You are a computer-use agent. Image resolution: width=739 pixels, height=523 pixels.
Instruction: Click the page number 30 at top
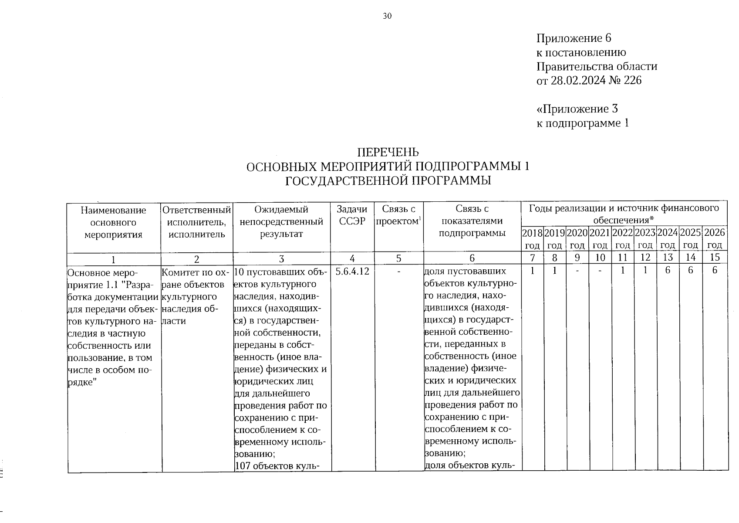(387, 17)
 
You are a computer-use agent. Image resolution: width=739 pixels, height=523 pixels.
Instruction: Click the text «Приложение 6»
(574, 38)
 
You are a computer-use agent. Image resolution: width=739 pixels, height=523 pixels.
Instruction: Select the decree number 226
(633, 81)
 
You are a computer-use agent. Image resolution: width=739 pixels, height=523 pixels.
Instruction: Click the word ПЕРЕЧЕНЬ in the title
(388, 152)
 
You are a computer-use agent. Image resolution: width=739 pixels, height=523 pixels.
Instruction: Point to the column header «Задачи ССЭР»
(352, 216)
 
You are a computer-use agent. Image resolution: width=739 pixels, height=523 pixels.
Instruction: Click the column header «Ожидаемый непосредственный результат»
(281, 222)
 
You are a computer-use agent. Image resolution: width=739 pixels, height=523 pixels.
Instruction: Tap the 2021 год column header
(601, 238)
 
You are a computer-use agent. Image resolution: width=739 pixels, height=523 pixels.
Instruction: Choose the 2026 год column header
(715, 238)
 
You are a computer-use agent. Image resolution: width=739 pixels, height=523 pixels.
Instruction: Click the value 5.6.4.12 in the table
(352, 271)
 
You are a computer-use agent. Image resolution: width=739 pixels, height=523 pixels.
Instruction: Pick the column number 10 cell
(601, 258)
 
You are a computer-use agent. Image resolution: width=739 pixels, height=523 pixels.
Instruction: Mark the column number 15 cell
(715, 258)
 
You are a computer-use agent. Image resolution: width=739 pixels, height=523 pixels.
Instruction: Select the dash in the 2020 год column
(577, 271)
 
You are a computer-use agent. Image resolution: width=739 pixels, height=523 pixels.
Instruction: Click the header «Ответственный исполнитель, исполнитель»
(196, 222)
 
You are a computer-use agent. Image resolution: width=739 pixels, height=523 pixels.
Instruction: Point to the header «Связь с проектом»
(398, 216)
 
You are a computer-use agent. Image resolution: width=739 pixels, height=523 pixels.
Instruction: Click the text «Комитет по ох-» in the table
(196, 273)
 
